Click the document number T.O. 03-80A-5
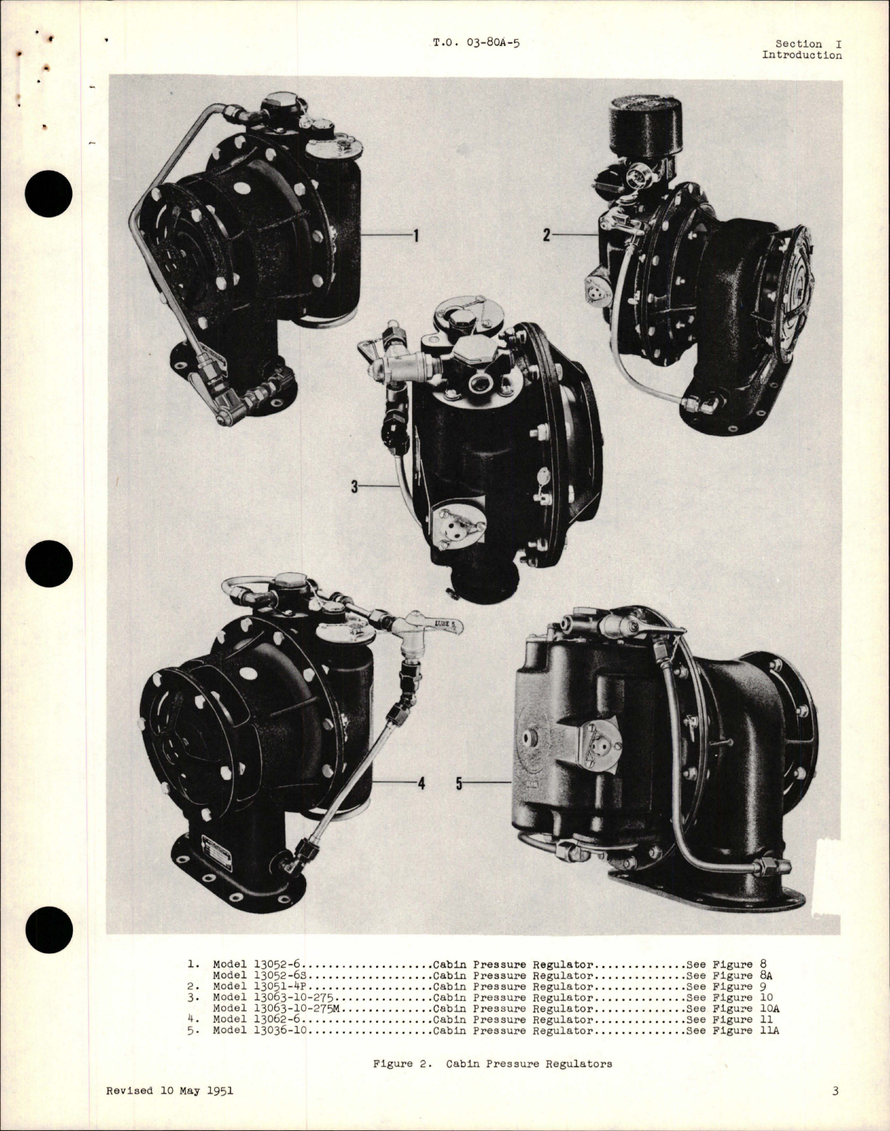coord(476,43)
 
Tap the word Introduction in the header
coord(802,54)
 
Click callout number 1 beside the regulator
coord(416,236)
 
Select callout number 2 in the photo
coord(547,235)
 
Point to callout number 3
coord(355,487)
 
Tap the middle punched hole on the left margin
coord(49,564)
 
